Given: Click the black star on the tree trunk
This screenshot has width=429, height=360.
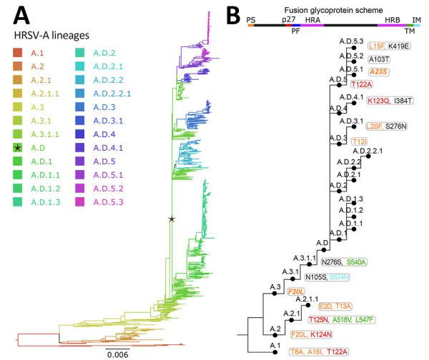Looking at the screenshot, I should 171,219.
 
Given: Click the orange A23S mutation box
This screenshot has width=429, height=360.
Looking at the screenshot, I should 380,71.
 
